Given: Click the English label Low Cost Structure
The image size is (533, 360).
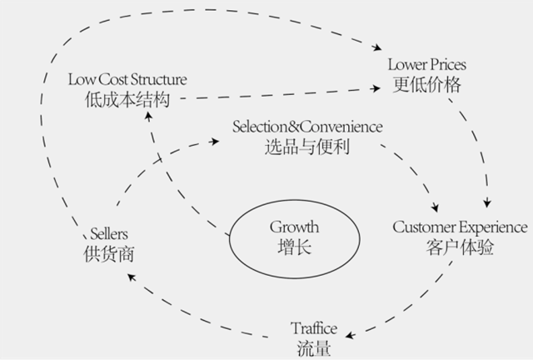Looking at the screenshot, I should point(127,80).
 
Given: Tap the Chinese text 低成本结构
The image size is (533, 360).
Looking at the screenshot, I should point(127,99).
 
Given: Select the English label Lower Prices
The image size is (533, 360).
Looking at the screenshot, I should point(427,64).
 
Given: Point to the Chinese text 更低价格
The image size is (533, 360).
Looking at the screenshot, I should point(427,84).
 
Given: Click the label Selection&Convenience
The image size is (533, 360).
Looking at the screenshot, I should point(307,127).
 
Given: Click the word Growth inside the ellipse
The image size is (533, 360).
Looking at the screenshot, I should point(294,227).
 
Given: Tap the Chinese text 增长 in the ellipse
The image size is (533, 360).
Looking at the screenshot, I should point(294,247).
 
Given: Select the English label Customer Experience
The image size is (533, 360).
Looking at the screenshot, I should point(460,227).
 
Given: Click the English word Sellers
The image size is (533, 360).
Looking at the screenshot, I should point(108,233).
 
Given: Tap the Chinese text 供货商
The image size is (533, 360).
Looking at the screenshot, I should point(108,253).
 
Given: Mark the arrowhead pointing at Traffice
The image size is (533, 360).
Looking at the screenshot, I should point(350,335).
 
